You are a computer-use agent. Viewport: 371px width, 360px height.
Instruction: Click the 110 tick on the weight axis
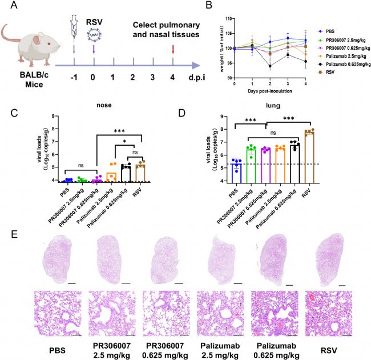[228, 19]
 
